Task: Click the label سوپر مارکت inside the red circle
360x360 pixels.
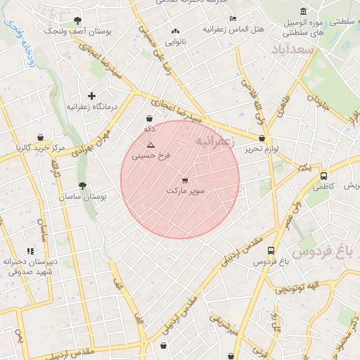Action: (186, 191)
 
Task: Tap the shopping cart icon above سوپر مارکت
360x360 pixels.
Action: (185, 181)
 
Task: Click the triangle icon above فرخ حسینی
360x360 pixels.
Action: (150, 145)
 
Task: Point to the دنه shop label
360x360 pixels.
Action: (149, 129)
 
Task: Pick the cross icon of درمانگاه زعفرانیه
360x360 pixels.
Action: (91, 96)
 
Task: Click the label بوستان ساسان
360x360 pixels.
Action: (84, 198)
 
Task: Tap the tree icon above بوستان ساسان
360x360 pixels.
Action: (83, 186)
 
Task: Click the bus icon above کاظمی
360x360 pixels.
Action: (323, 176)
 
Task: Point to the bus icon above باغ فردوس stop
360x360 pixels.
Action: (271, 250)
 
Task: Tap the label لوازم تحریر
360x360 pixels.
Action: (258, 150)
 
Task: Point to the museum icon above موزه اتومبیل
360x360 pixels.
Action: (303, 11)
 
